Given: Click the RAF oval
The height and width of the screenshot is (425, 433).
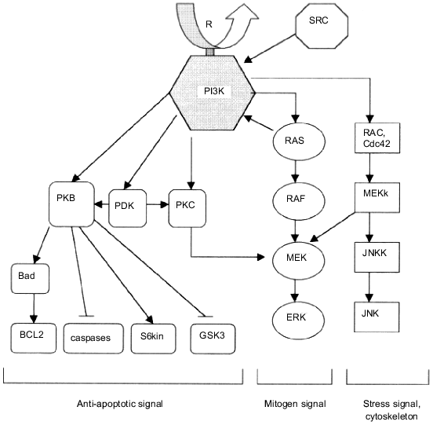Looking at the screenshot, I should pos(293,200).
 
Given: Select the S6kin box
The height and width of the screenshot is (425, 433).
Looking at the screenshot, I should pos(151,336).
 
